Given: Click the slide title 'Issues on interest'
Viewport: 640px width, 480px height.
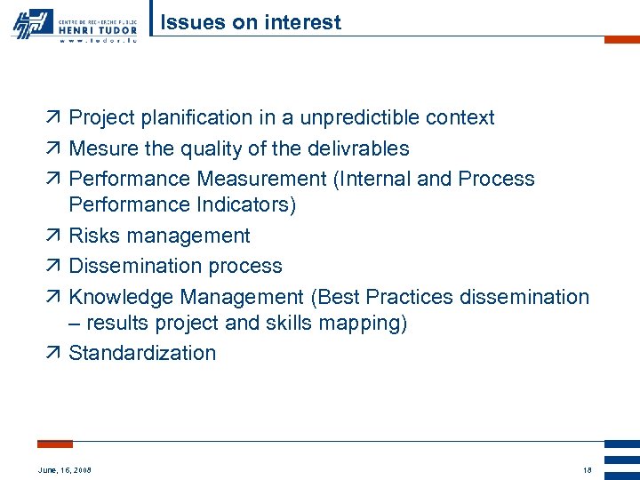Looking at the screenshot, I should tap(250, 22).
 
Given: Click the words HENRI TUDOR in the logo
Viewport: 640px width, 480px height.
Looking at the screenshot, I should tap(99, 28).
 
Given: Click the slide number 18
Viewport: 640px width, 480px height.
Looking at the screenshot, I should tap(587, 469).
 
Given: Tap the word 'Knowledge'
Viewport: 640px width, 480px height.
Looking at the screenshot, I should tap(122, 296).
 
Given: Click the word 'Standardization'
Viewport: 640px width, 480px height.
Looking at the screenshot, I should tap(142, 353).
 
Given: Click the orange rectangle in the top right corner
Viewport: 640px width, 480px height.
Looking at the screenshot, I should tap(621, 39).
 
